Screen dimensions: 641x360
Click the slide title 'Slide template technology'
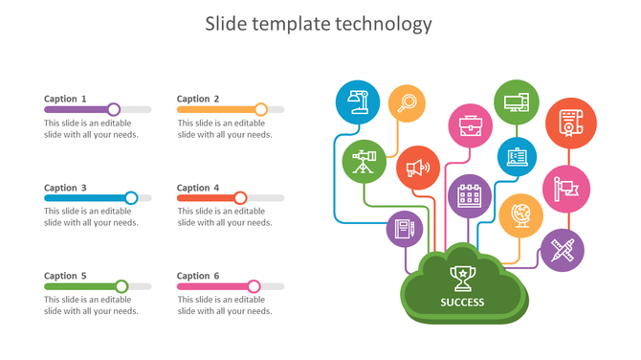[x=319, y=24]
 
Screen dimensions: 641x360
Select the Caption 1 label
[x=66, y=99]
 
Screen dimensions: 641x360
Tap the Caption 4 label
[x=198, y=188]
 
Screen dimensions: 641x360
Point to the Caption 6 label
[x=198, y=276]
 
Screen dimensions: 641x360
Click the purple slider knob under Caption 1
[x=114, y=109]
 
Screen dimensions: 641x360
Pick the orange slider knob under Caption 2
[x=261, y=109]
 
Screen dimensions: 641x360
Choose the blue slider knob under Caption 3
[x=131, y=198]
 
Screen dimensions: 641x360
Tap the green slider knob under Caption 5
[x=122, y=286]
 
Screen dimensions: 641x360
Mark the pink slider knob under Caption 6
[x=254, y=286]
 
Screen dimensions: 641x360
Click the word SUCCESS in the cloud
[x=463, y=303]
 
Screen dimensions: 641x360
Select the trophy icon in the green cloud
[x=463, y=278]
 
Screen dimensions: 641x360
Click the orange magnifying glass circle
[x=408, y=102]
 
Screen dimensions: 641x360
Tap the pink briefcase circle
[x=470, y=125]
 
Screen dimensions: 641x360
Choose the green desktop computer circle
[x=517, y=101]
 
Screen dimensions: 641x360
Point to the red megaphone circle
[x=418, y=168]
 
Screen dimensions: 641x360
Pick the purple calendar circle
[x=470, y=195]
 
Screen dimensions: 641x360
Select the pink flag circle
[x=566, y=188]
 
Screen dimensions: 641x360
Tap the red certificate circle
[x=570, y=124]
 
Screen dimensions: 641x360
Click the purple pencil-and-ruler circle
[x=562, y=251]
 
